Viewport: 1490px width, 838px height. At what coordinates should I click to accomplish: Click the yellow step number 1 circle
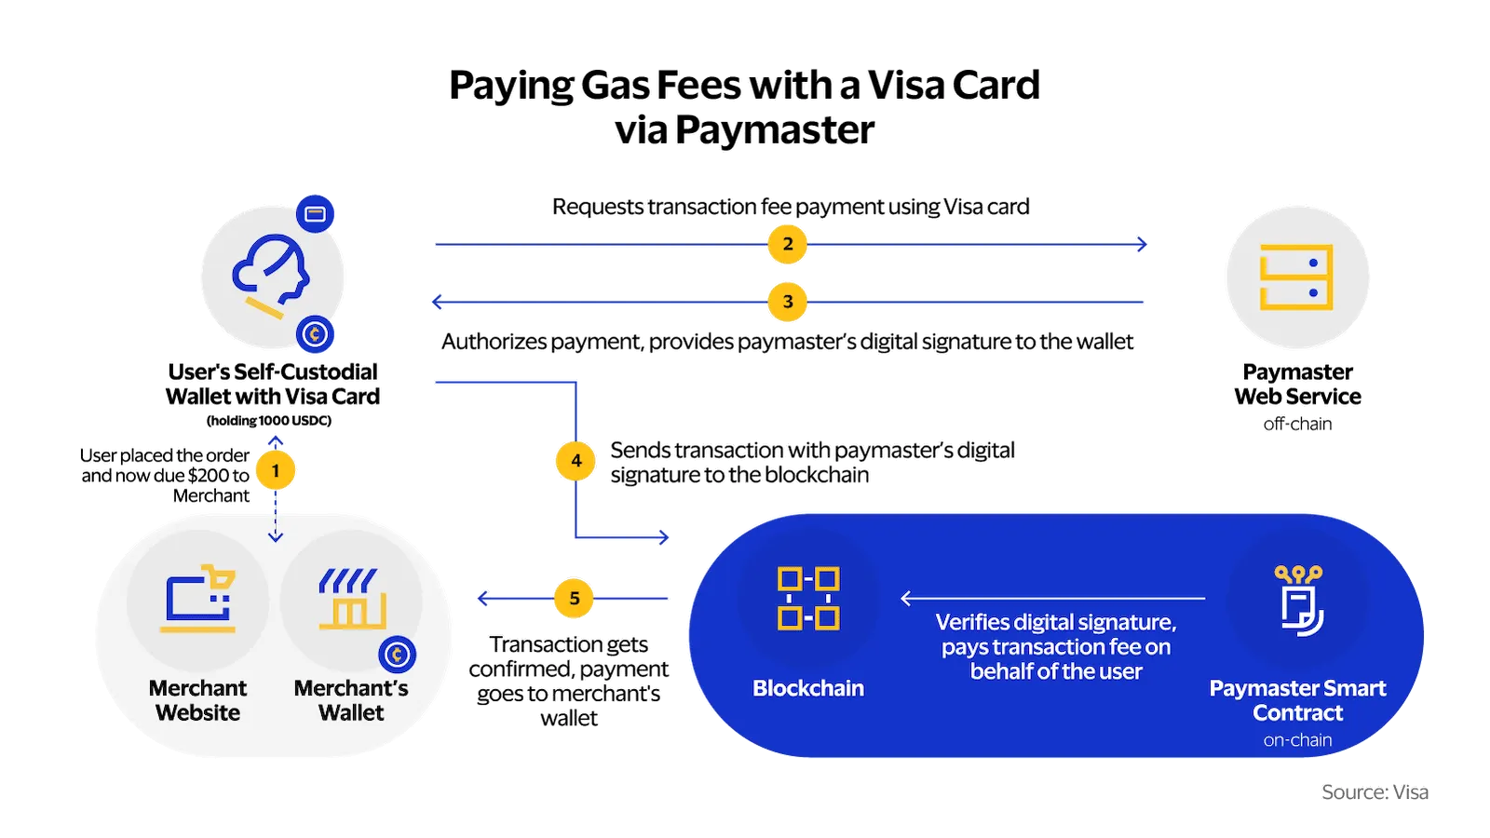[275, 470]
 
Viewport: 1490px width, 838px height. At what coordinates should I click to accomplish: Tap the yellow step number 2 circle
[788, 244]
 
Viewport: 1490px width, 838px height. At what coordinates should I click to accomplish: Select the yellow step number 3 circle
[788, 302]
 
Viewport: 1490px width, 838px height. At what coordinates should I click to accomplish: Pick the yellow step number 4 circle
[576, 460]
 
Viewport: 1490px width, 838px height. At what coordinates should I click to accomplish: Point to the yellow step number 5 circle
[575, 599]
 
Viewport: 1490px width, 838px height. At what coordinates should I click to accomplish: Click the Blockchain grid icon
[808, 598]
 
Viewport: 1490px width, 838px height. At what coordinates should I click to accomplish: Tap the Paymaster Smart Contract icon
[1299, 601]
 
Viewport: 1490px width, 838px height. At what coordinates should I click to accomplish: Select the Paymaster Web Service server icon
[1296, 277]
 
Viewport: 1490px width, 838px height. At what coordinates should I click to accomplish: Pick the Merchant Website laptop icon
[198, 598]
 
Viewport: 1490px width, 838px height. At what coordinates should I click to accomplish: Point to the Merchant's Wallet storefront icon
[350, 598]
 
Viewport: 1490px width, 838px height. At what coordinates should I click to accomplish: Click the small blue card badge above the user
[316, 214]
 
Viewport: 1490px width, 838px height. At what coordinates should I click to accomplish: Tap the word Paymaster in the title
[775, 130]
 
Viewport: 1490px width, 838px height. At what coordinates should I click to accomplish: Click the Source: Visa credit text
[1375, 792]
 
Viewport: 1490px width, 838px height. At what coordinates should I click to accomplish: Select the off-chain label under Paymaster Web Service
[1297, 424]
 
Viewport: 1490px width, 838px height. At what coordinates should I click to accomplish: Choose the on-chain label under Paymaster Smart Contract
[1297, 740]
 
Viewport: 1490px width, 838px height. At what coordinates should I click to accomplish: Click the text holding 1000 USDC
[269, 421]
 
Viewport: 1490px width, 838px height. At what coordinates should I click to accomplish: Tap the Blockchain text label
[808, 688]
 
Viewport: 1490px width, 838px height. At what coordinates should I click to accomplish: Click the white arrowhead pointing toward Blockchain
[906, 599]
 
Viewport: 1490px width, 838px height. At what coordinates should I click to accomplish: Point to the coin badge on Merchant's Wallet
[397, 655]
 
